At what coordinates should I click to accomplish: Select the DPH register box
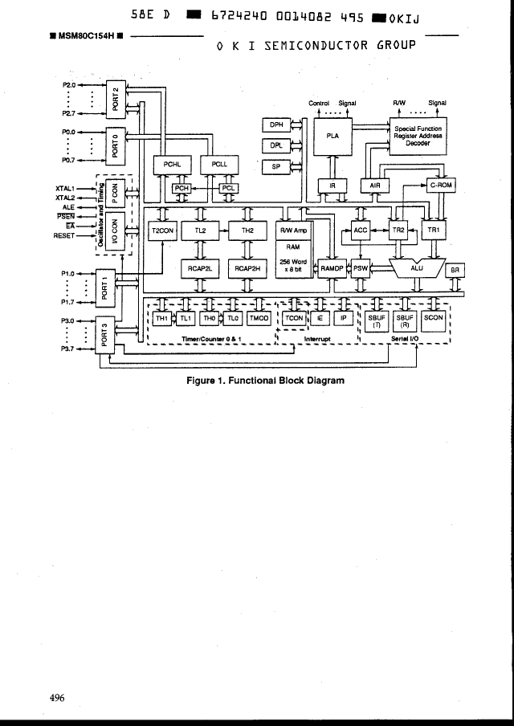(276, 124)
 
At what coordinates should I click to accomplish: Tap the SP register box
(276, 166)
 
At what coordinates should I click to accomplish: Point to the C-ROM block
(441, 186)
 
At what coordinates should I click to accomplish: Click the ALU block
(416, 267)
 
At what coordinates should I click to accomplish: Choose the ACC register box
(361, 231)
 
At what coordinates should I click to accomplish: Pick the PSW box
(361, 269)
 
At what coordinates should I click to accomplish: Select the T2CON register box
(163, 231)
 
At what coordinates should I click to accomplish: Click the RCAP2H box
(247, 269)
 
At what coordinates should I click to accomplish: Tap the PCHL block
(172, 165)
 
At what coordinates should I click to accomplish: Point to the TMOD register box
(259, 318)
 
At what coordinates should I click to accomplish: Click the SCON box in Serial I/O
(433, 318)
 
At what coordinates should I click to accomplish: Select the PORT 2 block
(115, 99)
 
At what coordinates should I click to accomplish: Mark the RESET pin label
(63, 236)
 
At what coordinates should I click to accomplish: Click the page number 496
(56, 698)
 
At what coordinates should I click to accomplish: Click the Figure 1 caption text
(264, 381)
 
